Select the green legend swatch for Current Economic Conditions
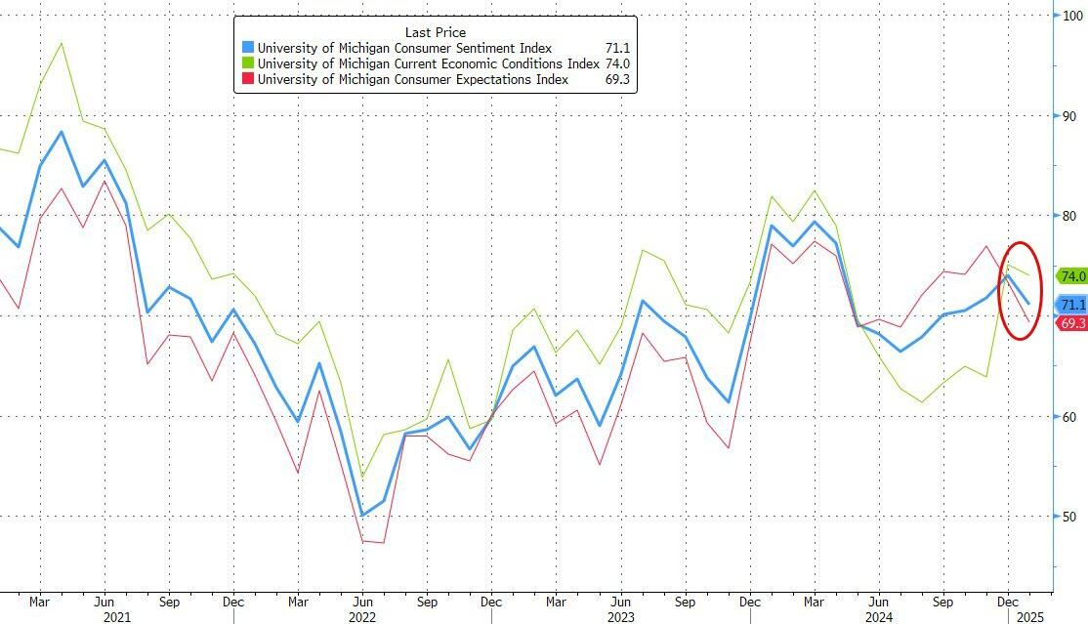248,63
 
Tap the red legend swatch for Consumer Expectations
248,79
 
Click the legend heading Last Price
435,32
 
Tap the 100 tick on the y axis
1071,16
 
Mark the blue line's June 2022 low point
361,515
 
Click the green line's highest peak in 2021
62,43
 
